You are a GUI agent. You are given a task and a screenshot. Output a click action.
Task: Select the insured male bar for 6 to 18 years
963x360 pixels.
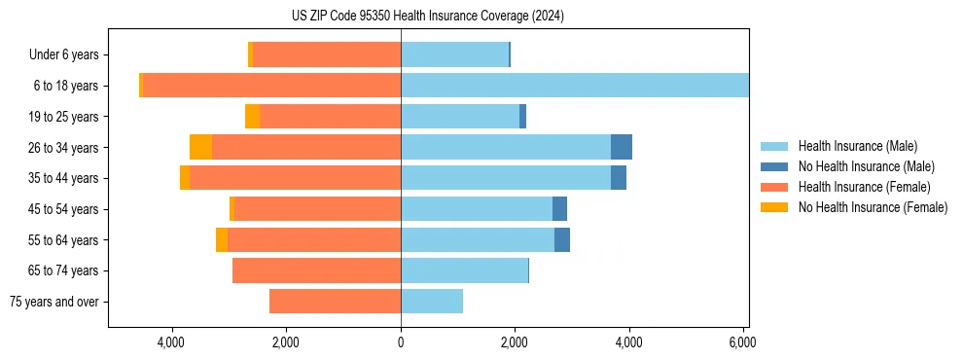coord(574,86)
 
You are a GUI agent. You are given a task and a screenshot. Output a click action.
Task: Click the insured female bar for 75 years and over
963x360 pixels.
coord(335,302)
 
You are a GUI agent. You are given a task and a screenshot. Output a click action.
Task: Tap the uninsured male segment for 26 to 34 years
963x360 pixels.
coord(622,147)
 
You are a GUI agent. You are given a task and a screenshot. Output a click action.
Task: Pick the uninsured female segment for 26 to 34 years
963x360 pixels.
coord(201,147)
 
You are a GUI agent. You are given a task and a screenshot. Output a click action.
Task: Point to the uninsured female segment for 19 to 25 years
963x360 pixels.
coord(252,117)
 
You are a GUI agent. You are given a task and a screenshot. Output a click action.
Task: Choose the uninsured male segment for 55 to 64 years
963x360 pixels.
coord(562,239)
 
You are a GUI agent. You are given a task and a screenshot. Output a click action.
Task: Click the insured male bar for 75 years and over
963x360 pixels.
coord(432,302)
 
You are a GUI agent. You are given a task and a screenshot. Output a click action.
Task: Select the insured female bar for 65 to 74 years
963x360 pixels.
coord(316,270)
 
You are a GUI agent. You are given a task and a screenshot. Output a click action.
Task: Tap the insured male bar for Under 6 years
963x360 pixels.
coord(454,54)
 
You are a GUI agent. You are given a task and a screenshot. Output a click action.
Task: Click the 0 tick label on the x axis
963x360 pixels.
coord(401,342)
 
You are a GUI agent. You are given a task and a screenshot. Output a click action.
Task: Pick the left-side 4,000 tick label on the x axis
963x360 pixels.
coord(171,342)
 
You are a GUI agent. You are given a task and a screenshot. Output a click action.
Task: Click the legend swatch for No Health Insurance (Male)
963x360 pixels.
coord(774,166)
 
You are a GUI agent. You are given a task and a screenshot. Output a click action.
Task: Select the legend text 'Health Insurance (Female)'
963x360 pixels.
coord(865,187)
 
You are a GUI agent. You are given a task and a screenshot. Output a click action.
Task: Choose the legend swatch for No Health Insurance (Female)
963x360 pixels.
coord(774,207)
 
